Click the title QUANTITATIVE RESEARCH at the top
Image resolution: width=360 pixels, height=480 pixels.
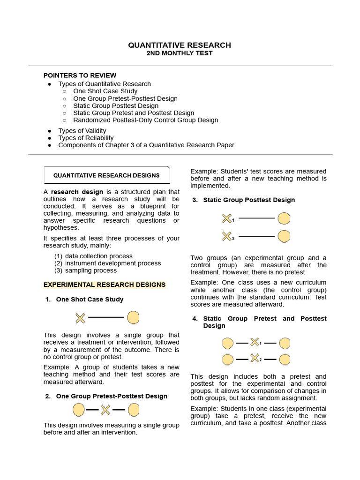[x=180, y=45]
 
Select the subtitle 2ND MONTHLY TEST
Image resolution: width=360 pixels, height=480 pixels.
[x=180, y=53]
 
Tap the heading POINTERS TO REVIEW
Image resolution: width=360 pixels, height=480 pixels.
[x=80, y=75]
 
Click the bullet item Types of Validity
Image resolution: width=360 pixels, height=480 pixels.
[x=82, y=131]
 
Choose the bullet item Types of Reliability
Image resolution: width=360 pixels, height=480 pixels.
[x=86, y=138]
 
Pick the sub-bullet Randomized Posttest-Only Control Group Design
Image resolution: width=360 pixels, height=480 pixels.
[x=145, y=120]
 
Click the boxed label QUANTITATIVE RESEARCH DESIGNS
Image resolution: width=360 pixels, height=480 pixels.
[x=106, y=175]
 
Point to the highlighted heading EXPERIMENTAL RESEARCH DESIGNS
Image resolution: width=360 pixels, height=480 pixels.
[x=105, y=285]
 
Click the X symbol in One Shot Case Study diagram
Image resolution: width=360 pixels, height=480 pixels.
[x=81, y=318]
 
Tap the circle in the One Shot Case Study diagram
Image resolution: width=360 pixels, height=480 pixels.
[x=134, y=318]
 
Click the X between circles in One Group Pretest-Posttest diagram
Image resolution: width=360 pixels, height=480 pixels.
[x=105, y=410]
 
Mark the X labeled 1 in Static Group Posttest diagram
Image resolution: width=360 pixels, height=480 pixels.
[x=226, y=218]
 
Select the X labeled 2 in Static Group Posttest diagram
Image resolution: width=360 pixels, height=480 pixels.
[x=226, y=236]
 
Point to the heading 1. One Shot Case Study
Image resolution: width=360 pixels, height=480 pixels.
[x=90, y=299]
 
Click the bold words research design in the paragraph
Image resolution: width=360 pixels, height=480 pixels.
[x=77, y=192]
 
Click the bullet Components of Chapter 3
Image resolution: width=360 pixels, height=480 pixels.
[x=146, y=145]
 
